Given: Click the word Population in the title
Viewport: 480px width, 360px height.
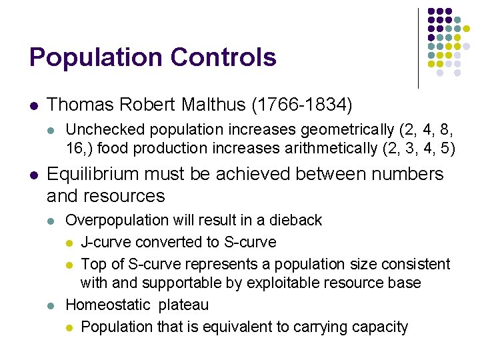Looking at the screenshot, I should pyautogui.click(x=96, y=58).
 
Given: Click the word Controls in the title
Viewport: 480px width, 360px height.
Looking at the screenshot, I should pyautogui.click(x=223, y=57).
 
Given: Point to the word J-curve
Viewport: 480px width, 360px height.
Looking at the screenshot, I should pyautogui.click(x=105, y=241).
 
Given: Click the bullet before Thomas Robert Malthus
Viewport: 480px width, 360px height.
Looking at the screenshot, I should pyautogui.click(x=33, y=105).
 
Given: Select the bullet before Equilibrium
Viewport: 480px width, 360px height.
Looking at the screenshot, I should pyautogui.click(x=33, y=175).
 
